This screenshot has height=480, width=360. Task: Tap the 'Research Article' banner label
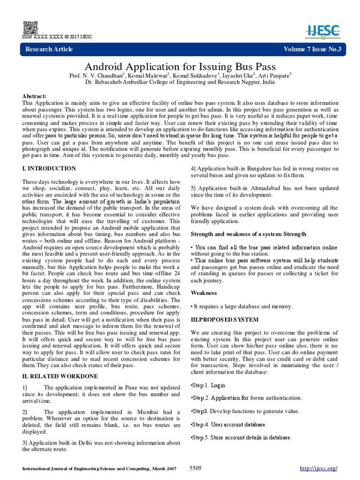(49, 49)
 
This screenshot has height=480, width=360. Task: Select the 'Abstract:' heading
(35, 96)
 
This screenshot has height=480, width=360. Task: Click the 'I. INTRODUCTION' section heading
(49, 168)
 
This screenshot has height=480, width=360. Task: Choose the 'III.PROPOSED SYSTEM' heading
(225, 320)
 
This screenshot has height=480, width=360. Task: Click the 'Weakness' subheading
(204, 293)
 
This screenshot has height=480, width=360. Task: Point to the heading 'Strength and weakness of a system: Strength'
(248, 234)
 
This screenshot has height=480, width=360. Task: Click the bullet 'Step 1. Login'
(209, 385)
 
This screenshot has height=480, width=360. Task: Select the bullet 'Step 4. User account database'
(229, 425)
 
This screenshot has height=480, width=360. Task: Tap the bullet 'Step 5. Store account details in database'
(241, 438)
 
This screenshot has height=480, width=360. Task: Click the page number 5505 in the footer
(195, 468)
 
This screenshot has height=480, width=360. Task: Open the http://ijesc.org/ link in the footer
(318, 468)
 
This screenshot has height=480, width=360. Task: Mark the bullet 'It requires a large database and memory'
(241, 306)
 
